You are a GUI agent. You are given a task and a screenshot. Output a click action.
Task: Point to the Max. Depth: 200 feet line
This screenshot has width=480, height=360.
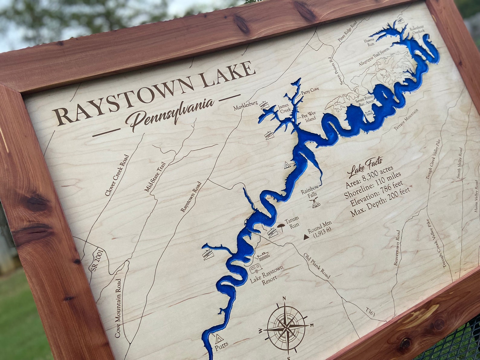381,203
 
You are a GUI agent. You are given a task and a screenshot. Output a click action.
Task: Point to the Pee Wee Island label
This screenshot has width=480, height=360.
308,116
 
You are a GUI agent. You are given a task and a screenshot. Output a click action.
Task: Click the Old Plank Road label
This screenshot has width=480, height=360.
317,265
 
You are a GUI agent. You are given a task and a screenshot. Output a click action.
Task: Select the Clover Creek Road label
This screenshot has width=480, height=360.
117,176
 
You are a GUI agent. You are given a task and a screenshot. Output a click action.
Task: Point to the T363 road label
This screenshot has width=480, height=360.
370,313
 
